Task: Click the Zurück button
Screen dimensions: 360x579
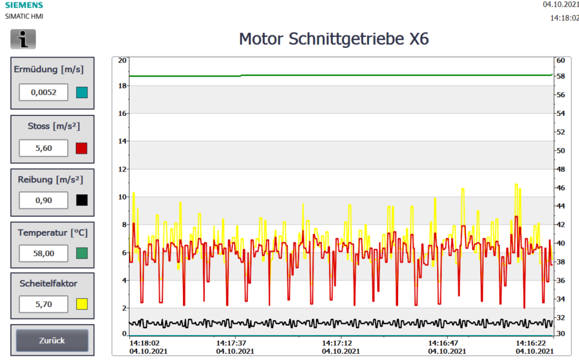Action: tap(52, 341)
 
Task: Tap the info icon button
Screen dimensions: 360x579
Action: tap(23, 39)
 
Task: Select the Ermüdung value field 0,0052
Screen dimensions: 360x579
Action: tap(43, 92)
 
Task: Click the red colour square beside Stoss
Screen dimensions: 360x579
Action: tap(82, 148)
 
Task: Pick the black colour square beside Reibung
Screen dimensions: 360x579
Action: tap(82, 200)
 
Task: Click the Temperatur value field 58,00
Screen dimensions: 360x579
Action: tap(43, 253)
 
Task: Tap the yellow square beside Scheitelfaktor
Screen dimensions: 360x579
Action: tap(82, 304)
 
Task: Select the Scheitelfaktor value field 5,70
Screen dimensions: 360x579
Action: tap(43, 304)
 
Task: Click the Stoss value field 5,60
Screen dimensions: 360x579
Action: tap(43, 148)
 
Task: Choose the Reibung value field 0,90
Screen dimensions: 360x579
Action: tap(43, 200)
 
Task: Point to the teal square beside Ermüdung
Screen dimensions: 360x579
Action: tap(82, 92)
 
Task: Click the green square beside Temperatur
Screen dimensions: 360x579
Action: tap(82, 253)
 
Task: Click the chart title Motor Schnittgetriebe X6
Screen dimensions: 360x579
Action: tap(333, 39)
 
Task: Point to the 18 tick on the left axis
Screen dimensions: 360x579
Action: tap(122, 86)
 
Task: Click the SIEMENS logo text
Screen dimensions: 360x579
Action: tap(24, 5)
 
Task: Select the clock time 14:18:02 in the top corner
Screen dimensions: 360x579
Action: tap(564, 18)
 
